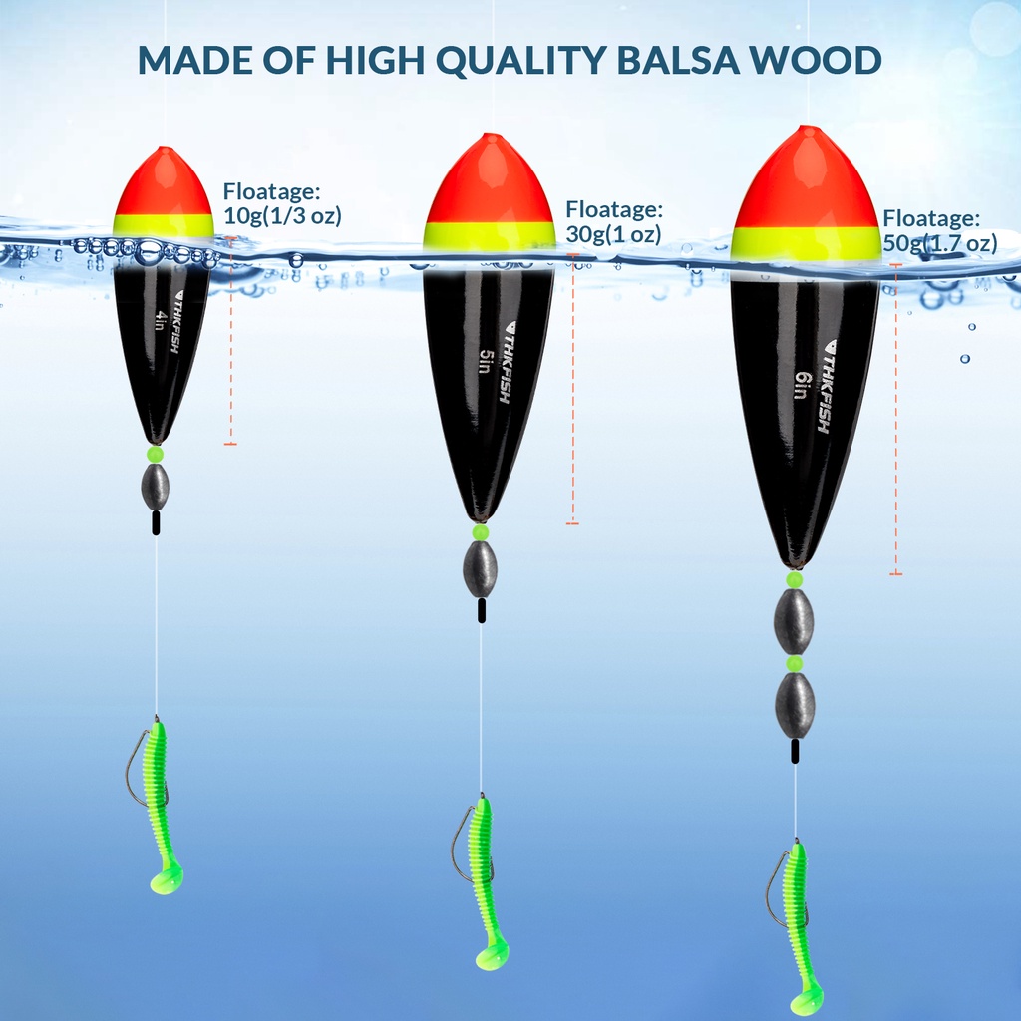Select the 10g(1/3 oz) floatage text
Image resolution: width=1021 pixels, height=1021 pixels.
click(283, 215)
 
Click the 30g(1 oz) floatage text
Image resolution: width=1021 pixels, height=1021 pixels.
click(613, 235)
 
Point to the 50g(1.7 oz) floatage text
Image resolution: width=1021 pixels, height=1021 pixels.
click(940, 243)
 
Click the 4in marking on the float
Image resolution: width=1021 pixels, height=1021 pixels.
click(161, 321)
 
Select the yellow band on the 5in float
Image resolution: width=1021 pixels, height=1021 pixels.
click(489, 235)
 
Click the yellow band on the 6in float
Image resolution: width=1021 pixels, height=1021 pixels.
click(806, 243)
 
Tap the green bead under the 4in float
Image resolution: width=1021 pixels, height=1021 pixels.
click(155, 455)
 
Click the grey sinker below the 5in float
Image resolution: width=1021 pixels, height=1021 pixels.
click(480, 569)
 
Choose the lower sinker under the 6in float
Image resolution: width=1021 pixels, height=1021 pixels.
click(795, 705)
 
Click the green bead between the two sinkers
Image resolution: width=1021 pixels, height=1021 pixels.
click(795, 663)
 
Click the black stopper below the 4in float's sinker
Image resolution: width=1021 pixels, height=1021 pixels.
click(156, 523)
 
